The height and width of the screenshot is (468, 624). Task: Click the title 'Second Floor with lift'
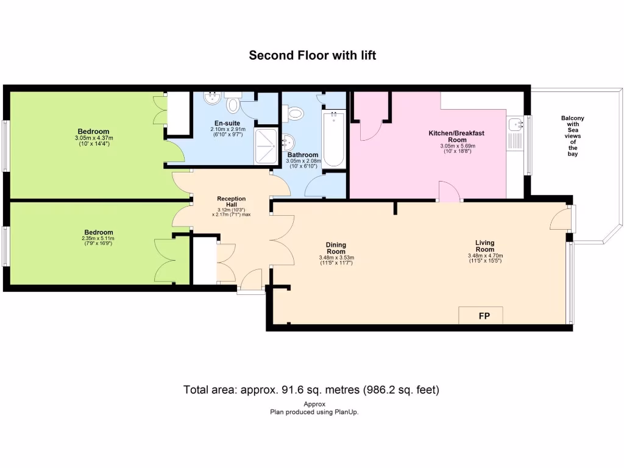click(x=312, y=55)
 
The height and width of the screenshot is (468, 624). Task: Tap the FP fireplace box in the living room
click(x=480, y=316)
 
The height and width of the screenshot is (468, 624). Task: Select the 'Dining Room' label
click(x=336, y=249)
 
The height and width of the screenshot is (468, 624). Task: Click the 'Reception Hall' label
click(x=232, y=202)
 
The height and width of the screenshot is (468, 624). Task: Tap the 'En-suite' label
click(x=227, y=123)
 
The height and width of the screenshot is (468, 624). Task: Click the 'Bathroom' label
click(x=303, y=155)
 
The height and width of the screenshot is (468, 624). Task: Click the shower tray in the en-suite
click(x=264, y=146)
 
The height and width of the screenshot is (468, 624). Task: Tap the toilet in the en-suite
click(x=233, y=105)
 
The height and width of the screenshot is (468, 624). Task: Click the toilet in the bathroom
click(x=295, y=113)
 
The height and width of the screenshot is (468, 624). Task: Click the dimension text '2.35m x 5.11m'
click(x=99, y=238)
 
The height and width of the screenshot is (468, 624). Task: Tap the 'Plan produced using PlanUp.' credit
click(x=314, y=412)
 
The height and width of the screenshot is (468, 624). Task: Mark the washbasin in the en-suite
click(x=211, y=98)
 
